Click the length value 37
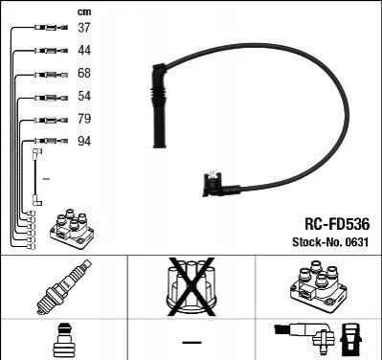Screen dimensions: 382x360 [84, 28]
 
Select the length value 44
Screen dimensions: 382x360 [84, 50]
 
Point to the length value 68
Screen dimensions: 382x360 [84, 73]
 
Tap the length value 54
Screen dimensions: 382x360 [84, 96]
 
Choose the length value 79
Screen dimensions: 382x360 [84, 119]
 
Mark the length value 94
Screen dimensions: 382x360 [84, 141]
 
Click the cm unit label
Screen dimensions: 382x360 [84, 12]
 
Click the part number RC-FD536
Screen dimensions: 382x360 [337, 224]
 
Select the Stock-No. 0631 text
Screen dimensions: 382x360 [330, 242]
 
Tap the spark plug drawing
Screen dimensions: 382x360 [64, 287]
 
